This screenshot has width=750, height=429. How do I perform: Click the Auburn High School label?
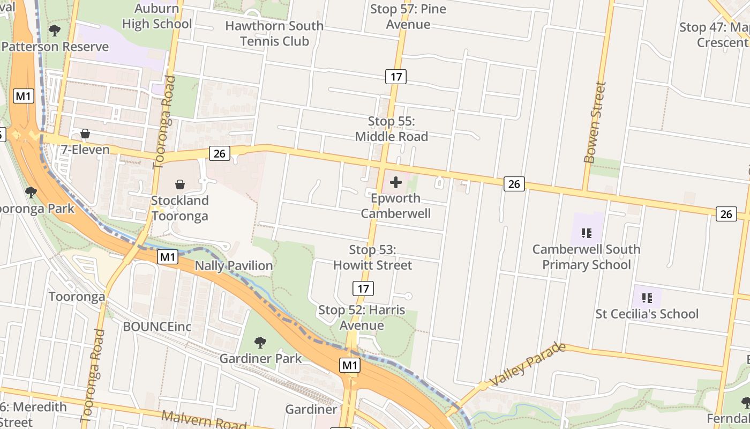[156, 16]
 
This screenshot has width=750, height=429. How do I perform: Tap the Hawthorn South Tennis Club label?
[274, 33]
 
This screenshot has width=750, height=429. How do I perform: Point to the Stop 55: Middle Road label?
[392, 129]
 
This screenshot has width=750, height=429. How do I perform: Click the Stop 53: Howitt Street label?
[372, 257]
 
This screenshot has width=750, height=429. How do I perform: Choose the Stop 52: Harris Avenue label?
[362, 317]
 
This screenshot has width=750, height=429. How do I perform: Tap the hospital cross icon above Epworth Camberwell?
[396, 182]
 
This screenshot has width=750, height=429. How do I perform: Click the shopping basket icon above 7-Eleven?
[85, 134]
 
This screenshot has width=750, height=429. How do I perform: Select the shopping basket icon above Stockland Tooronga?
[180, 184]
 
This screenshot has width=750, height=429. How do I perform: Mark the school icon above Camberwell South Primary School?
[587, 233]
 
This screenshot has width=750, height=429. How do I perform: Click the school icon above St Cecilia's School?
[647, 298]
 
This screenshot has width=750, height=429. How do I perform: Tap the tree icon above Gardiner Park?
[260, 342]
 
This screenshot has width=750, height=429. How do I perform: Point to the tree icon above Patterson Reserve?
[54, 30]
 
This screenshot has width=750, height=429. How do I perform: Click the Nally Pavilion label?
[234, 265]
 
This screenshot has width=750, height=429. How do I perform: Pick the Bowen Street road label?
[595, 122]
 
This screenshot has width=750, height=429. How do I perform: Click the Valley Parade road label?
[527, 364]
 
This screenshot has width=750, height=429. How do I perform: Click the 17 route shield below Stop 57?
[395, 77]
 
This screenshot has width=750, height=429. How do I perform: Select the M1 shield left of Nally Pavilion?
[167, 257]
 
